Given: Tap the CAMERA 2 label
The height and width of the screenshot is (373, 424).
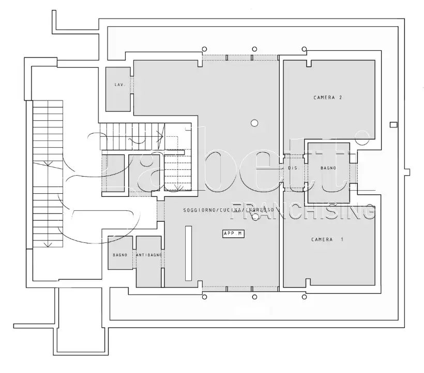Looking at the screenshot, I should click(x=328, y=97).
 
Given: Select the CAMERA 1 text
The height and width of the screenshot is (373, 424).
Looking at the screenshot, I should click(x=327, y=239).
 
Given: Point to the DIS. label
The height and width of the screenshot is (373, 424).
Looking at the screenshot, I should click(x=293, y=168).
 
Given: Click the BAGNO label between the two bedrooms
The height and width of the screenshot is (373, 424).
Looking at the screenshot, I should click(x=328, y=168).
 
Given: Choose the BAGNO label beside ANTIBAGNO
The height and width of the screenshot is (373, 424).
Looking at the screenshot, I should click(x=120, y=255).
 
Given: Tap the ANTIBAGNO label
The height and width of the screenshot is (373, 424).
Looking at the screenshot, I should click(x=149, y=255).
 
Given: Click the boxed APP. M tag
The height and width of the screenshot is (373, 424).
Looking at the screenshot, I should click(x=233, y=234).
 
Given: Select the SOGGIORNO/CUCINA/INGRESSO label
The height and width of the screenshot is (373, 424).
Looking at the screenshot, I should click(x=228, y=210).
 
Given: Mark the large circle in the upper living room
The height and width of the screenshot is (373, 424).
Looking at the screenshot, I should click(x=254, y=123).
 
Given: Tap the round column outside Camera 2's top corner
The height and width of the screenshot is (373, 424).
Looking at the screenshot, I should click(x=305, y=49).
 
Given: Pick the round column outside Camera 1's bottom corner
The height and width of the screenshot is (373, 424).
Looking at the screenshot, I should click(x=305, y=297).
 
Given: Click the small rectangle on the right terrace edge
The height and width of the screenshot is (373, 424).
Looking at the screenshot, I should click(x=393, y=124).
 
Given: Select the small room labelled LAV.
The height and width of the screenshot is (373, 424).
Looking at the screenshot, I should click(x=117, y=89).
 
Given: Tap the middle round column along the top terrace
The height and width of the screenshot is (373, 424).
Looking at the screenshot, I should click(x=254, y=49).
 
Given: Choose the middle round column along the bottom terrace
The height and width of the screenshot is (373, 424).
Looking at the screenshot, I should click(x=254, y=297).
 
